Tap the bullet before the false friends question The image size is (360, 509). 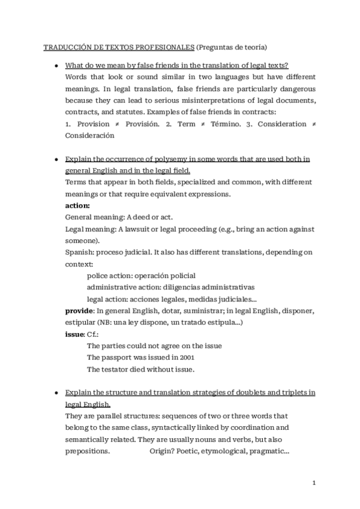coord(56,65)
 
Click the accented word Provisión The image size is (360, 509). coord(143,124)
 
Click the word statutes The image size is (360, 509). coord(132,112)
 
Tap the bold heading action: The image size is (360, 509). coord(77,206)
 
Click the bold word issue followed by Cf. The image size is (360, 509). coord(74,334)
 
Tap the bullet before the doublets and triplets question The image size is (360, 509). coord(56,393)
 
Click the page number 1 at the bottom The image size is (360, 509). coord(314,483)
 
